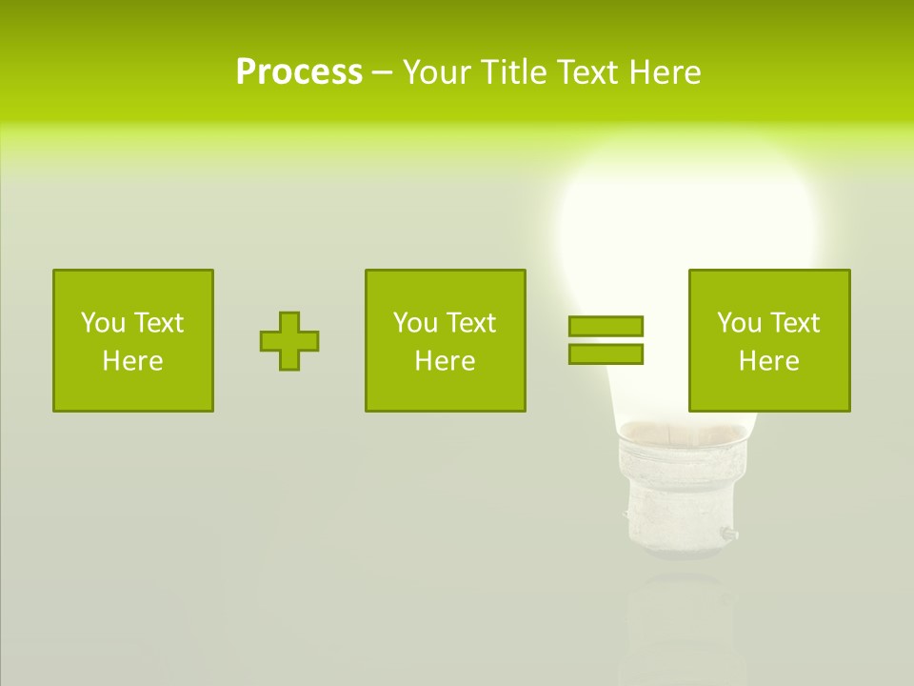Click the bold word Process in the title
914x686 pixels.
pyautogui.click(x=299, y=72)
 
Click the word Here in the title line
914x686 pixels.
pyautogui.click(x=666, y=72)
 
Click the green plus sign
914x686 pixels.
pyautogui.click(x=289, y=341)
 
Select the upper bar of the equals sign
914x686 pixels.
pyautogui.click(x=606, y=326)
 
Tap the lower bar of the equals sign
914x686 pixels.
pyautogui.click(x=606, y=353)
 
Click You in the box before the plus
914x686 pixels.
pyautogui.click(x=103, y=323)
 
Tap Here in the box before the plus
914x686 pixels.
pyautogui.click(x=132, y=361)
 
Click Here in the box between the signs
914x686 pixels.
pyautogui.click(x=445, y=361)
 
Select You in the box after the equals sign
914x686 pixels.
pyautogui.click(x=739, y=323)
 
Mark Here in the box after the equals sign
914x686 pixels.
pyautogui.click(x=768, y=361)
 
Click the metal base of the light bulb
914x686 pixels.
pyautogui.click(x=672, y=495)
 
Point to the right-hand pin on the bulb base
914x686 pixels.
pyautogui.click(x=728, y=535)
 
